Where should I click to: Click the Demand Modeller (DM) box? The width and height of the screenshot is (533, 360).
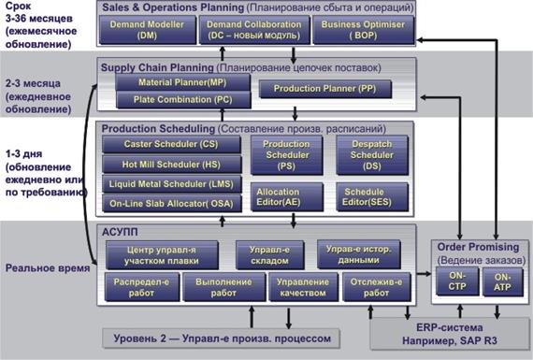148,30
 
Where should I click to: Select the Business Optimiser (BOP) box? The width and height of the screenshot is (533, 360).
364,30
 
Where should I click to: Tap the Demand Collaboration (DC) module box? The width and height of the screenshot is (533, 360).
254,30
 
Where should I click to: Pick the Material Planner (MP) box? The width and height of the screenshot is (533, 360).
182,82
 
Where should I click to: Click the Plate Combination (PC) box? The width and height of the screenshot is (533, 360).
183,100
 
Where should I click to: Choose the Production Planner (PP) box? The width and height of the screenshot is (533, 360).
325,89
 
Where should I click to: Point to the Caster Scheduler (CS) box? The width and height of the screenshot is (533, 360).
171,144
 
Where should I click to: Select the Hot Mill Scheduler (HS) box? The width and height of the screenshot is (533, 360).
172,165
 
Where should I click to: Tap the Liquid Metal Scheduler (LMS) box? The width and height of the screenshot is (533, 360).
172,184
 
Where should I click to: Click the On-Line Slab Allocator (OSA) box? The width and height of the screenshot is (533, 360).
172,203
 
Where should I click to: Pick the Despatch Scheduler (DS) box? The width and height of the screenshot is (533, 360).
372,155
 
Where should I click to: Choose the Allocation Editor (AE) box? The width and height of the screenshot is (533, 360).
286,196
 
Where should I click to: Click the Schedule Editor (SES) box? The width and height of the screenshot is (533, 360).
372,196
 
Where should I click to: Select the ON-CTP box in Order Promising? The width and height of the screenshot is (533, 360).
457,281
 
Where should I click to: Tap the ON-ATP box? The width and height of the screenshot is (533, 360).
503,281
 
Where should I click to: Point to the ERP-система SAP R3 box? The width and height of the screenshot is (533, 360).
450,334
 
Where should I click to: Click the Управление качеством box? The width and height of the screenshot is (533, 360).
303,287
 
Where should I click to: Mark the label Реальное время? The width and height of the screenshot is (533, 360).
48,268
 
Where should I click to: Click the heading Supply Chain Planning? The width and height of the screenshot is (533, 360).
157,67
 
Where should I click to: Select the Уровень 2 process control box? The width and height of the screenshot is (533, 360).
222,338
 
